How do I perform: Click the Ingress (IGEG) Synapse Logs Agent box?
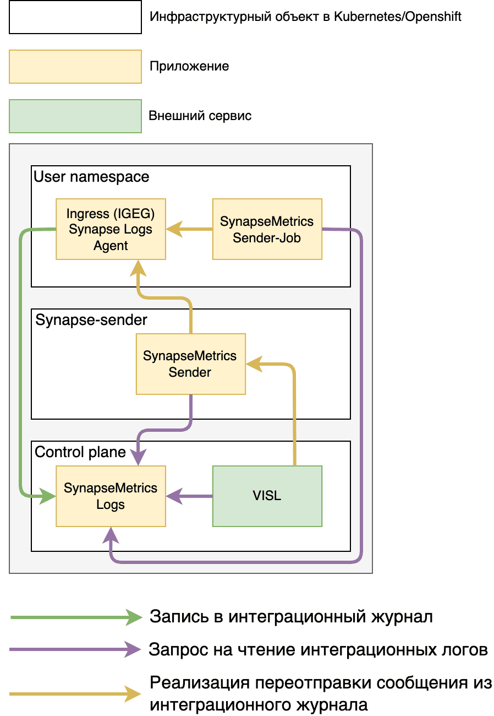pos(111,229)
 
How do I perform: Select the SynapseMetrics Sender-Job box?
pos(267,229)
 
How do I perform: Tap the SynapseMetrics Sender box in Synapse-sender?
pos(190,364)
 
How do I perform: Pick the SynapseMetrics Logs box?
pos(111,496)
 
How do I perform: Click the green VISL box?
pos(267,496)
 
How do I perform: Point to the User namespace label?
pos(91,177)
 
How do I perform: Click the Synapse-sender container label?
pos(91,320)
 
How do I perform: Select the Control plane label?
pos(80,452)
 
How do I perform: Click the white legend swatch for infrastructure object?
pos(75,17)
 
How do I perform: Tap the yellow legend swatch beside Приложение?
pos(75,67)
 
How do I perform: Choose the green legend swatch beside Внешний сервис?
pos(75,116)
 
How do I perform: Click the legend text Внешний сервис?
pos(200,116)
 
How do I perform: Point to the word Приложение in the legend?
pos(189,67)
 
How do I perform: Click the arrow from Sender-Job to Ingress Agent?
pos(189,229)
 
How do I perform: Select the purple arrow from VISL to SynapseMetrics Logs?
pos(189,496)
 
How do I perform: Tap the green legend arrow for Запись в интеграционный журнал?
pos(76,617)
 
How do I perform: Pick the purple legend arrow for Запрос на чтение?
pos(76,650)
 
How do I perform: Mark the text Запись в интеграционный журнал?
pos(291,617)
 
